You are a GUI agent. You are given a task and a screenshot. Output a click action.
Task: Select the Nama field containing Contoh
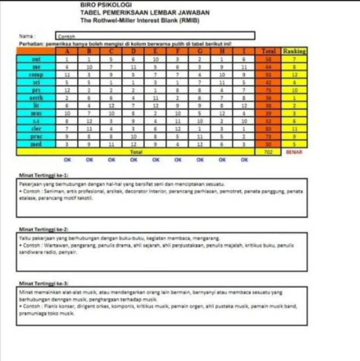[155, 36]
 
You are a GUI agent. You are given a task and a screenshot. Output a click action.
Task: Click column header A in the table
[66, 51]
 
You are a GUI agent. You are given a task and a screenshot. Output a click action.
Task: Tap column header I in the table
[244, 51]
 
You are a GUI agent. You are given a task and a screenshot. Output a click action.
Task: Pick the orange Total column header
[268, 51]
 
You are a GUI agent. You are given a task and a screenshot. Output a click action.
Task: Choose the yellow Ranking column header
[294, 51]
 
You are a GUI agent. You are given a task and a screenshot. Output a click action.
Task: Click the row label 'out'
[36, 59]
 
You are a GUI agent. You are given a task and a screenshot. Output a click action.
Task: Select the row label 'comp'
[36, 74]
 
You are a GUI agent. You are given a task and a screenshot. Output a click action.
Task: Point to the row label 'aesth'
[36, 97]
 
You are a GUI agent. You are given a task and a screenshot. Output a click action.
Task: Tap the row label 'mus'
[36, 113]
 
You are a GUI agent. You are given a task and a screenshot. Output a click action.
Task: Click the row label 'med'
[36, 144]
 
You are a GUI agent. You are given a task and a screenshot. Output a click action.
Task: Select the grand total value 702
[268, 152]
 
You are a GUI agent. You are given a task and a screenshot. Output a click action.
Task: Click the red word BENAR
[294, 152]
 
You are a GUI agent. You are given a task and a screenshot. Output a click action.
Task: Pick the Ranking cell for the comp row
[294, 74]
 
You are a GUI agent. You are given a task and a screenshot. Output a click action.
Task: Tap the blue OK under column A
[67, 160]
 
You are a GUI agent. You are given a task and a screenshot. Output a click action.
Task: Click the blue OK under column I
[244, 160]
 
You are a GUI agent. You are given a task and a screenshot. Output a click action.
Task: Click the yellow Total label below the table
[133, 152]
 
